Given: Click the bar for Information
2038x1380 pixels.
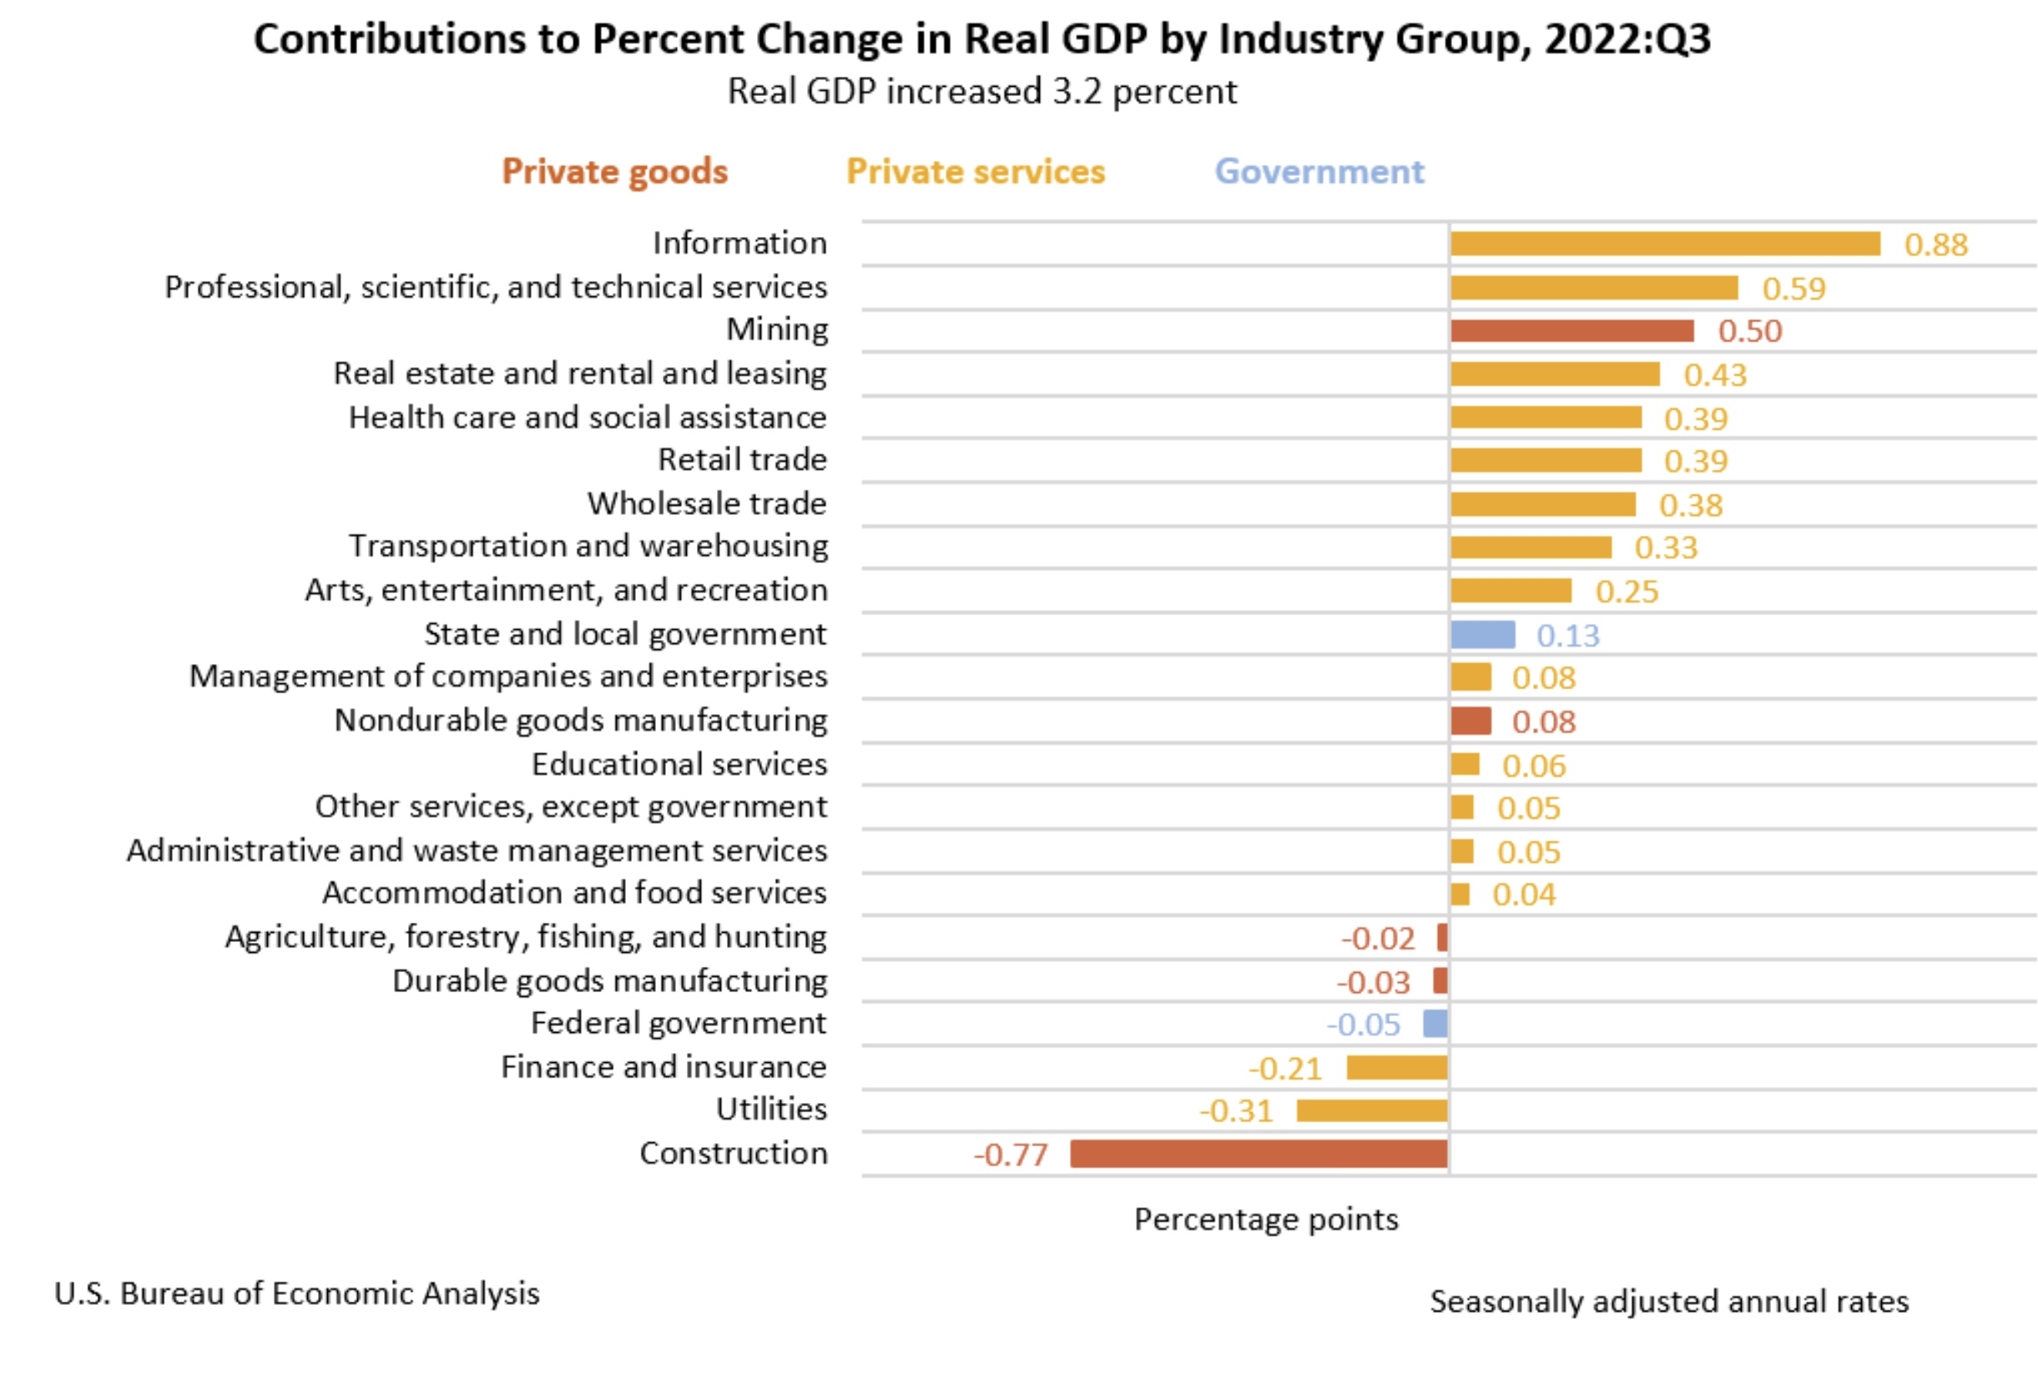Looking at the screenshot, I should click(1664, 244).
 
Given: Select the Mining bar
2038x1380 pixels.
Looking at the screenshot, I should click(1571, 330).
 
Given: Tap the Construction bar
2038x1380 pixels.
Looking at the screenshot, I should click(1259, 1154).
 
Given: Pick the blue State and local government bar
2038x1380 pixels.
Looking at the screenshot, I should click(1482, 634).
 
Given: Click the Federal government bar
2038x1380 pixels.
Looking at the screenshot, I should click(1435, 1023).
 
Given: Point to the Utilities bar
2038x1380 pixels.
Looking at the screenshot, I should click(1371, 1111).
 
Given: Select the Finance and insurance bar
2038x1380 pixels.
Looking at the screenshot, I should click(1396, 1068).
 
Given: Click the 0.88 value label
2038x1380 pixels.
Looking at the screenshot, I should click(1935, 244).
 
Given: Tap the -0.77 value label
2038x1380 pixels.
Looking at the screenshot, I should click(1010, 1155).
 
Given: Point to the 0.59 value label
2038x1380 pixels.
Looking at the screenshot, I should click(1793, 289).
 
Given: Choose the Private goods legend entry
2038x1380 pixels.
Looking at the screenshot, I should click(615, 172).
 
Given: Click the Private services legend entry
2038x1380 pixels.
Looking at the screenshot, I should click(975, 172).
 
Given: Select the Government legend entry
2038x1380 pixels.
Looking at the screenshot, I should click(1319, 172).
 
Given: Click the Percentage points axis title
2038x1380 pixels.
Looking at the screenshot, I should click(1265, 1220).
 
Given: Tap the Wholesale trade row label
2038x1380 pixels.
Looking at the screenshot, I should click(707, 503).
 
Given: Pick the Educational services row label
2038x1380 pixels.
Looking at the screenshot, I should click(678, 763).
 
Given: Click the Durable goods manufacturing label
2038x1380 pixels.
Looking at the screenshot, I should click(609, 980).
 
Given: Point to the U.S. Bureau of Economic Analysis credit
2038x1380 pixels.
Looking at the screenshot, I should click(296, 1293).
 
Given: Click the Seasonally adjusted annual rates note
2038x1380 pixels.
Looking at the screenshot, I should click(1669, 1301).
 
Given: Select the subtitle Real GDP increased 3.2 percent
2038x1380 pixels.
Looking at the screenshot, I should click(982, 92).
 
